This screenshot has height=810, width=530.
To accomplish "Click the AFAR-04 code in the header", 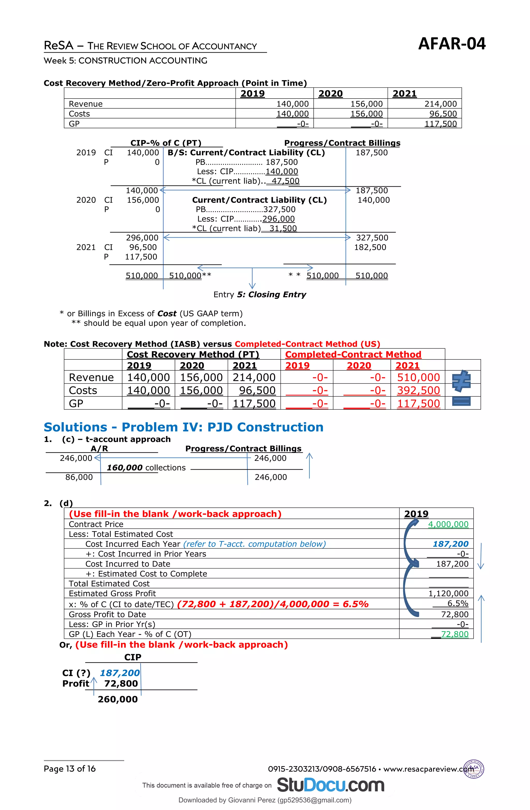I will pos(452,44).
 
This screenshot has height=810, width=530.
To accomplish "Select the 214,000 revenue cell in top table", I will pos(440,104).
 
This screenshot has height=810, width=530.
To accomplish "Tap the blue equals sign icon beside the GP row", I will pos(461,402).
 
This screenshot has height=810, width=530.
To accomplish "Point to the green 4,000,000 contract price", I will pos(448,524).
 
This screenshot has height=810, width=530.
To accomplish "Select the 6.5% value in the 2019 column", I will pos(458,603).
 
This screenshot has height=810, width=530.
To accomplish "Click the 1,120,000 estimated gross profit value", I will pos(448,594).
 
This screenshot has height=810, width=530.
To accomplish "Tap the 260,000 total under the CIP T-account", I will pos(117,699).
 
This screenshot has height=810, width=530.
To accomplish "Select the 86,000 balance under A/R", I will pos(79,477).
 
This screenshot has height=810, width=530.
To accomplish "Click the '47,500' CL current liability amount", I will pos(285,181).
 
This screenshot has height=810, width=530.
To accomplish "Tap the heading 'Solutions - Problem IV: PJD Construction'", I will pos(183,427).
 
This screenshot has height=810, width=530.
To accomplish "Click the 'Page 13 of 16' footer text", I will pos(70,769).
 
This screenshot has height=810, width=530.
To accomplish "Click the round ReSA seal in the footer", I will pos(474,769).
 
